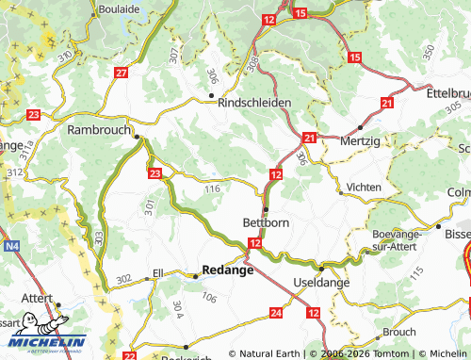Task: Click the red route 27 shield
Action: (121, 73)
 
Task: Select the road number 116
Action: (212, 189)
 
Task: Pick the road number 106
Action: (209, 299)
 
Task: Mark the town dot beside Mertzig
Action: (360, 126)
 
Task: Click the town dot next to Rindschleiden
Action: (211, 94)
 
